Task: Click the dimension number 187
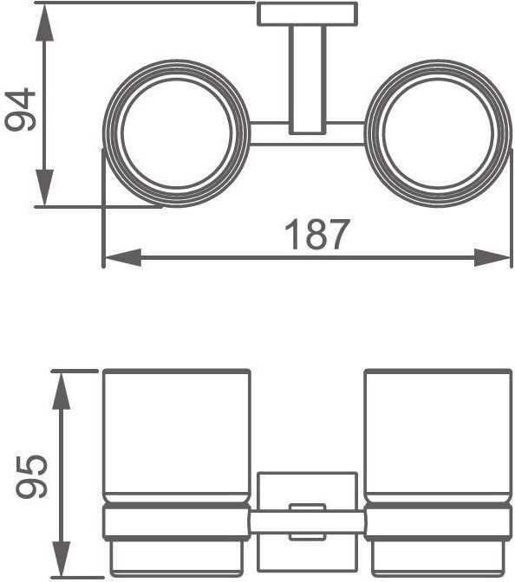click(x=317, y=234)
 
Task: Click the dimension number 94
click(x=20, y=109)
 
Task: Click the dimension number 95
click(x=31, y=475)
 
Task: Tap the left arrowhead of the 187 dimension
click(x=123, y=257)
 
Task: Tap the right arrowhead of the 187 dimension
click(x=492, y=257)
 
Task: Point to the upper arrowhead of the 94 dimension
click(x=44, y=22)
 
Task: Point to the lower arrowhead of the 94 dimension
click(x=44, y=187)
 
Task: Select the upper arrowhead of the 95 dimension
click(x=62, y=391)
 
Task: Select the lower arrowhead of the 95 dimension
click(x=62, y=559)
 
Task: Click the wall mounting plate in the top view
click(x=307, y=14)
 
